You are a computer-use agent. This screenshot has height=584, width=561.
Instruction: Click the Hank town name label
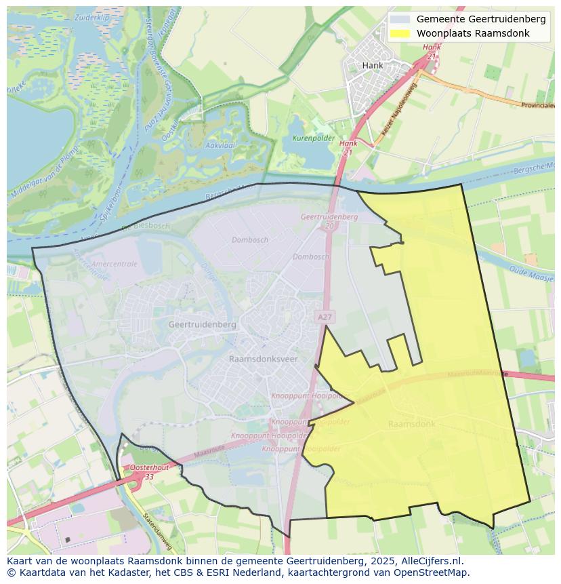[373, 65]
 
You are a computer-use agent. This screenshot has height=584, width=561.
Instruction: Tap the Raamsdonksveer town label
[263, 359]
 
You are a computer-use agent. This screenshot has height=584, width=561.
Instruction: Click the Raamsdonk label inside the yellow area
[412, 424]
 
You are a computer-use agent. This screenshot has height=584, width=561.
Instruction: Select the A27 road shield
[325, 317]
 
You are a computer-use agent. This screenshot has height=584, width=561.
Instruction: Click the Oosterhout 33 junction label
[148, 472]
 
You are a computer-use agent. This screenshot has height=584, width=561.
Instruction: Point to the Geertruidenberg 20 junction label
[329, 220]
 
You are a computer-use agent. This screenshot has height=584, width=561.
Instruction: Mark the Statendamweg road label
[158, 533]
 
